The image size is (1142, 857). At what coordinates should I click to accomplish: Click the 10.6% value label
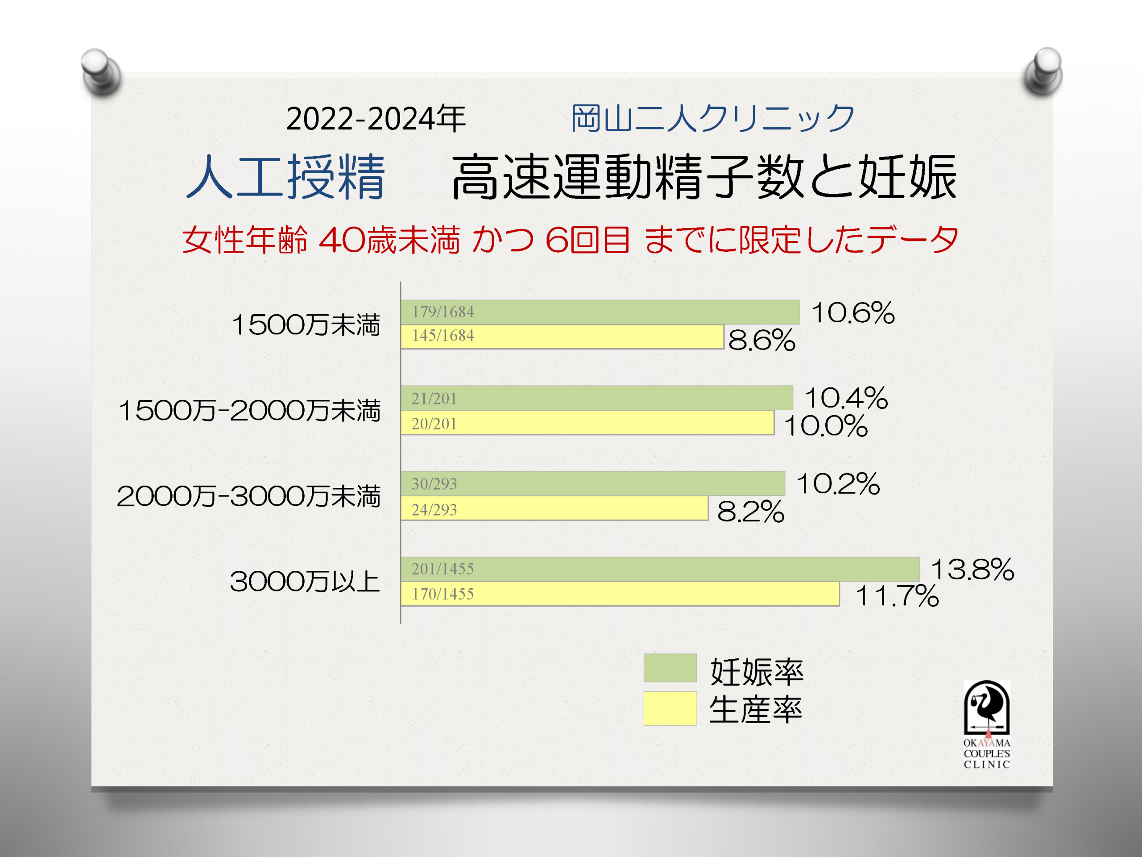pyautogui.click(x=852, y=313)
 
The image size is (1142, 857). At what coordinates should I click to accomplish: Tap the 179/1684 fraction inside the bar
pyautogui.click(x=443, y=312)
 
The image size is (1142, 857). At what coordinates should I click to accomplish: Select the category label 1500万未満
pyautogui.click(x=306, y=325)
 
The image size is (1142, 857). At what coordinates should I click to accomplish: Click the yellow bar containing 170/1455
pyautogui.click(x=620, y=594)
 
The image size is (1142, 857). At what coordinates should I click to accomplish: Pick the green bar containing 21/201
pyautogui.click(x=596, y=398)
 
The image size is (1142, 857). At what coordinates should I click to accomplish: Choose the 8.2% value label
pyautogui.click(x=750, y=512)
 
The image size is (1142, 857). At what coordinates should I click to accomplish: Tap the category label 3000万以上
pyautogui.click(x=305, y=582)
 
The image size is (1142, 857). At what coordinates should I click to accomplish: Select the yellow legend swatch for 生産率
pyautogui.click(x=670, y=708)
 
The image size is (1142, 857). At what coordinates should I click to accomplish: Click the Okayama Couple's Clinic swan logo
pyautogui.click(x=987, y=709)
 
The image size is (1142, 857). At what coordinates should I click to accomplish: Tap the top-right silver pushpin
pyautogui.click(x=1044, y=71)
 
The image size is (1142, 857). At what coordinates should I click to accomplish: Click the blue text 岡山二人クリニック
pyautogui.click(x=713, y=118)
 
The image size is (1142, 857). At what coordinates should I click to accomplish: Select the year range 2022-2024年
pyautogui.click(x=376, y=119)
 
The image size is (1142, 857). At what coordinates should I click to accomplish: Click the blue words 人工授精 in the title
pyautogui.click(x=285, y=177)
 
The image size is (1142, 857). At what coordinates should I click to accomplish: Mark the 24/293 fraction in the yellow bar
pyautogui.click(x=434, y=510)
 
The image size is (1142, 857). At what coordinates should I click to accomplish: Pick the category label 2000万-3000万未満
pyautogui.click(x=248, y=496)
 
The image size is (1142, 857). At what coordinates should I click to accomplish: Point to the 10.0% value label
pyautogui.click(x=825, y=426)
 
